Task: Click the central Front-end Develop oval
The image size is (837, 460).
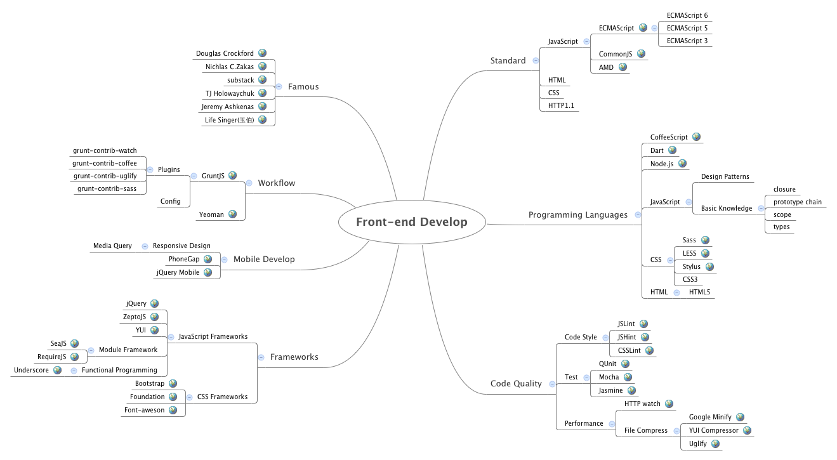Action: pyautogui.click(x=411, y=222)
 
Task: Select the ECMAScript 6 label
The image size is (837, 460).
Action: pyautogui.click(x=687, y=15)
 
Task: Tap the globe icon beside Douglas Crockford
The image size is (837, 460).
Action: pyautogui.click(x=262, y=53)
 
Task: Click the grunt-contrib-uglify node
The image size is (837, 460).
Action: pyautogui.click(x=105, y=176)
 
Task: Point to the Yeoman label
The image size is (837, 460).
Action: pyautogui.click(x=211, y=214)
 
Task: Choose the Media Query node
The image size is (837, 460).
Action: pyautogui.click(x=112, y=246)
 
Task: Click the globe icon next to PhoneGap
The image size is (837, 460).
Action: pyautogui.click(x=208, y=259)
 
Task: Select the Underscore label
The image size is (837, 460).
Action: pyautogui.click(x=31, y=370)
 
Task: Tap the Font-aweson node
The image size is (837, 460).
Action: pyautogui.click(x=144, y=410)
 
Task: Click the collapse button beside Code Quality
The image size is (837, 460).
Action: pyautogui.click(x=552, y=384)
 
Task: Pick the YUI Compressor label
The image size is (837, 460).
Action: pyautogui.click(x=713, y=430)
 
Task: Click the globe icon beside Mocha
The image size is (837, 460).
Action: pyautogui.click(x=628, y=377)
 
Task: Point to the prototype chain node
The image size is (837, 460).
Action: pyautogui.click(x=797, y=202)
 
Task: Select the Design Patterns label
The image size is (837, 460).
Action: pyautogui.click(x=725, y=176)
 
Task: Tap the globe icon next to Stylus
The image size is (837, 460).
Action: pyautogui.click(x=709, y=266)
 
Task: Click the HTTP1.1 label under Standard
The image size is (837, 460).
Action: pyautogui.click(x=561, y=105)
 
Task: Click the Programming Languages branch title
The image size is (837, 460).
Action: pyautogui.click(x=577, y=214)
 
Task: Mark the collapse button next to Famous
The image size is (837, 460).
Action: pyautogui.click(x=279, y=86)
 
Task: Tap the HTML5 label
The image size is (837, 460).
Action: pyautogui.click(x=699, y=292)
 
